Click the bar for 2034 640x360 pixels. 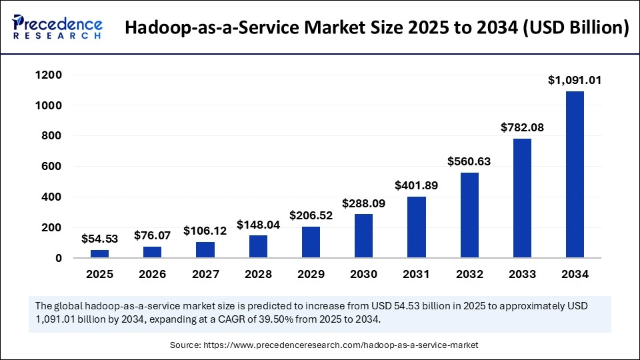tap(575, 175)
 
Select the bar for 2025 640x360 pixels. tap(99, 254)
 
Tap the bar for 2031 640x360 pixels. tap(416, 227)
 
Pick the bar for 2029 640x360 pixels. tap(311, 242)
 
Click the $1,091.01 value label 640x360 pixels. tap(575, 81)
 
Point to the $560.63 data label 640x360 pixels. tap(469, 161)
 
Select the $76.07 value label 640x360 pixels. tap(152, 235)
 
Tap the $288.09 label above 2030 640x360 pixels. tap(363, 203)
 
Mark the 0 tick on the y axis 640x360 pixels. tap(59, 258)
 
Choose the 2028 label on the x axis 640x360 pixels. tap(258, 274)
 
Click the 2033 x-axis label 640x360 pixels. tap(522, 274)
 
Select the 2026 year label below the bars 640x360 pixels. tap(152, 274)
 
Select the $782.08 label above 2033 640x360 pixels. tap(522, 127)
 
